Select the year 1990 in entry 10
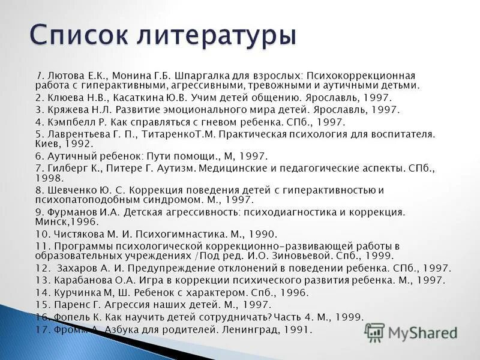[262, 234]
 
